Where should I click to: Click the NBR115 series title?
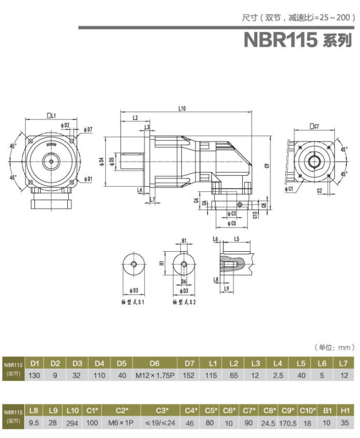(x=297, y=40)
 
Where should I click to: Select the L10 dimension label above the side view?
(x=182, y=107)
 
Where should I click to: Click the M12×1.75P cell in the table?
(x=154, y=375)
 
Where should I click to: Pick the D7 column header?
(x=189, y=363)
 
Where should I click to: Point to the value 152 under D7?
(x=189, y=375)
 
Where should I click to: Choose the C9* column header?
(x=288, y=410)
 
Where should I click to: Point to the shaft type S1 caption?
(x=133, y=301)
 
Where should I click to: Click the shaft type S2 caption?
(x=184, y=301)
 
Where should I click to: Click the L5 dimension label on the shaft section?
(x=236, y=239)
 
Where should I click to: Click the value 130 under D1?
(x=34, y=375)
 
